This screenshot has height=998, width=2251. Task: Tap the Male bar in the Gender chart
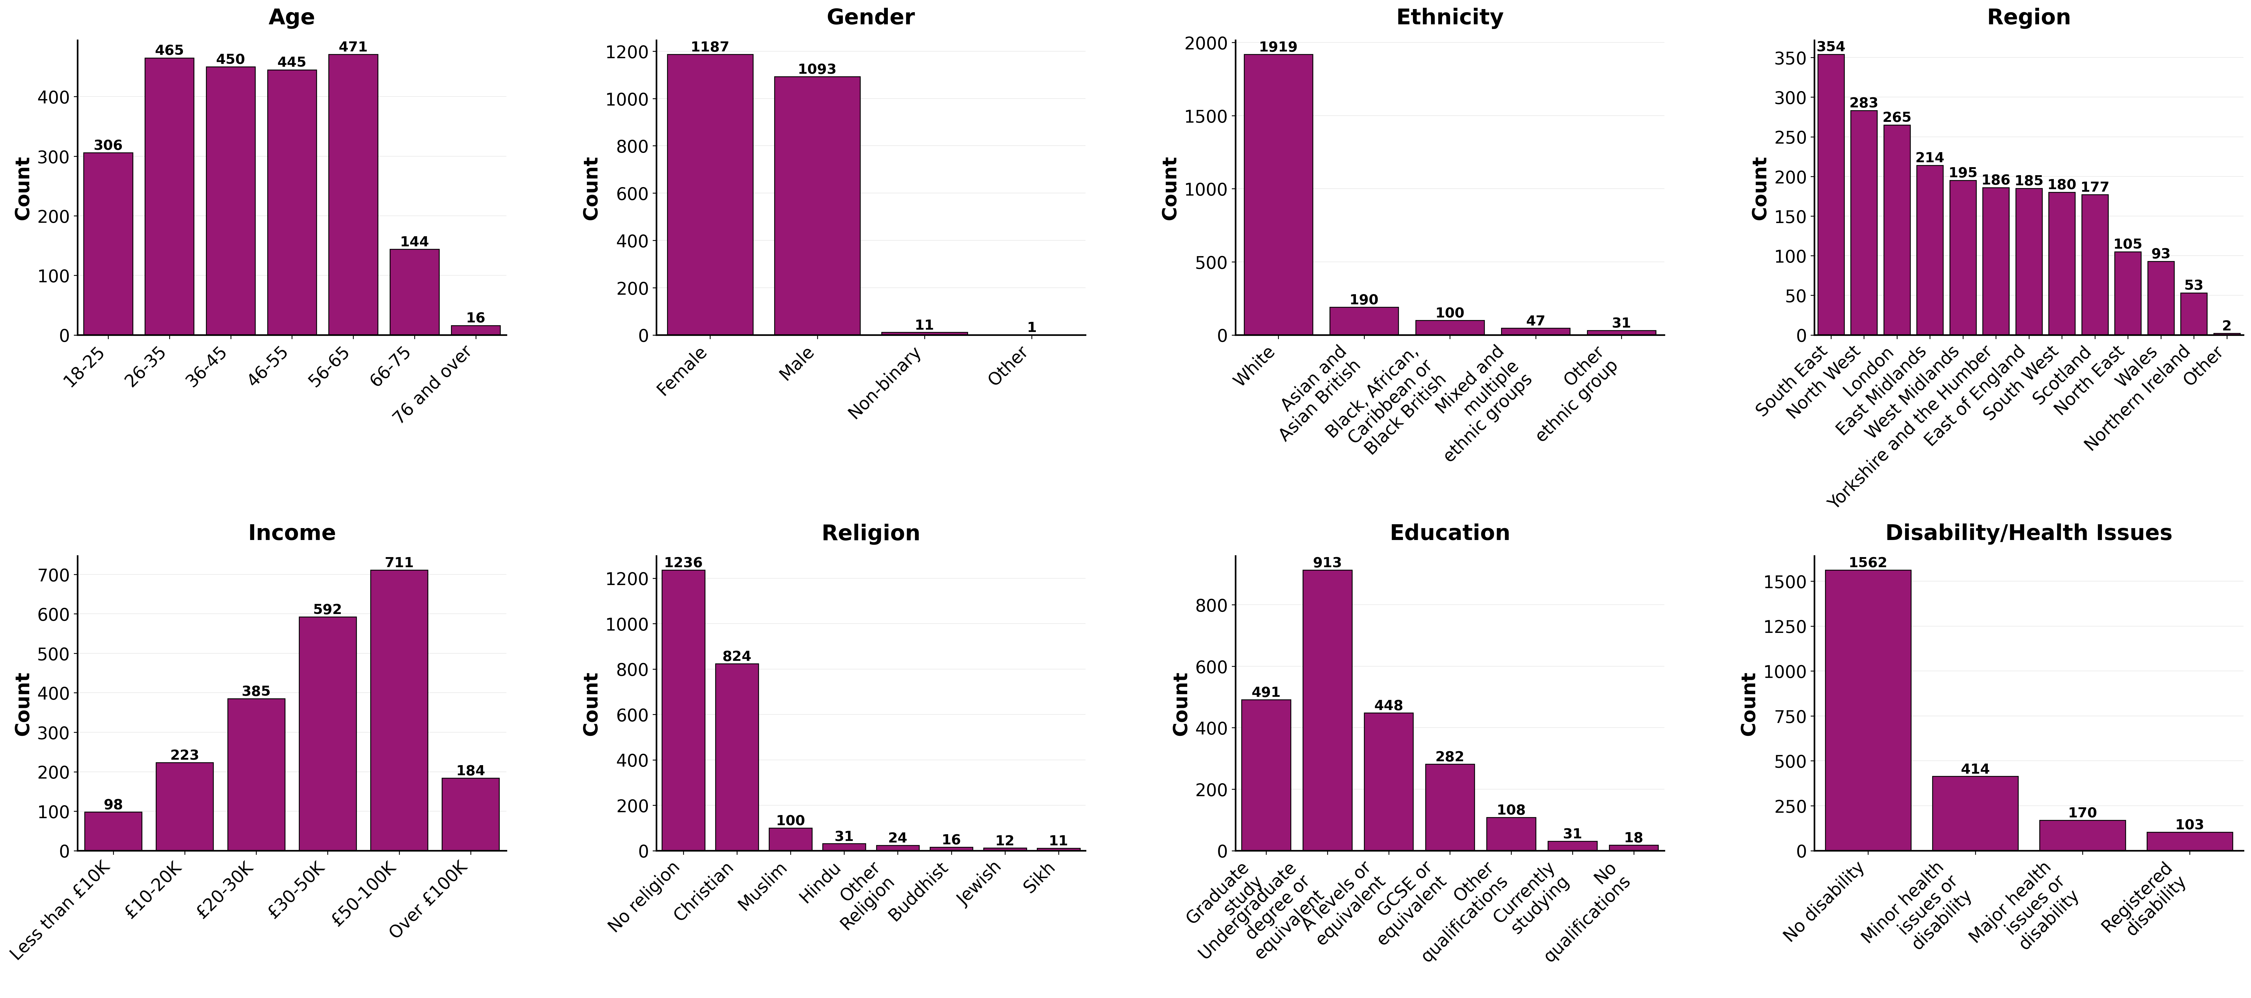[x=817, y=205]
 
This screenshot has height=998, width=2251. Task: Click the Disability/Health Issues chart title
[x=2028, y=533]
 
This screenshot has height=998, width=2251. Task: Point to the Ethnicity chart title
[x=1450, y=18]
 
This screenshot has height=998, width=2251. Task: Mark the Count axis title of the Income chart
[x=23, y=704]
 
